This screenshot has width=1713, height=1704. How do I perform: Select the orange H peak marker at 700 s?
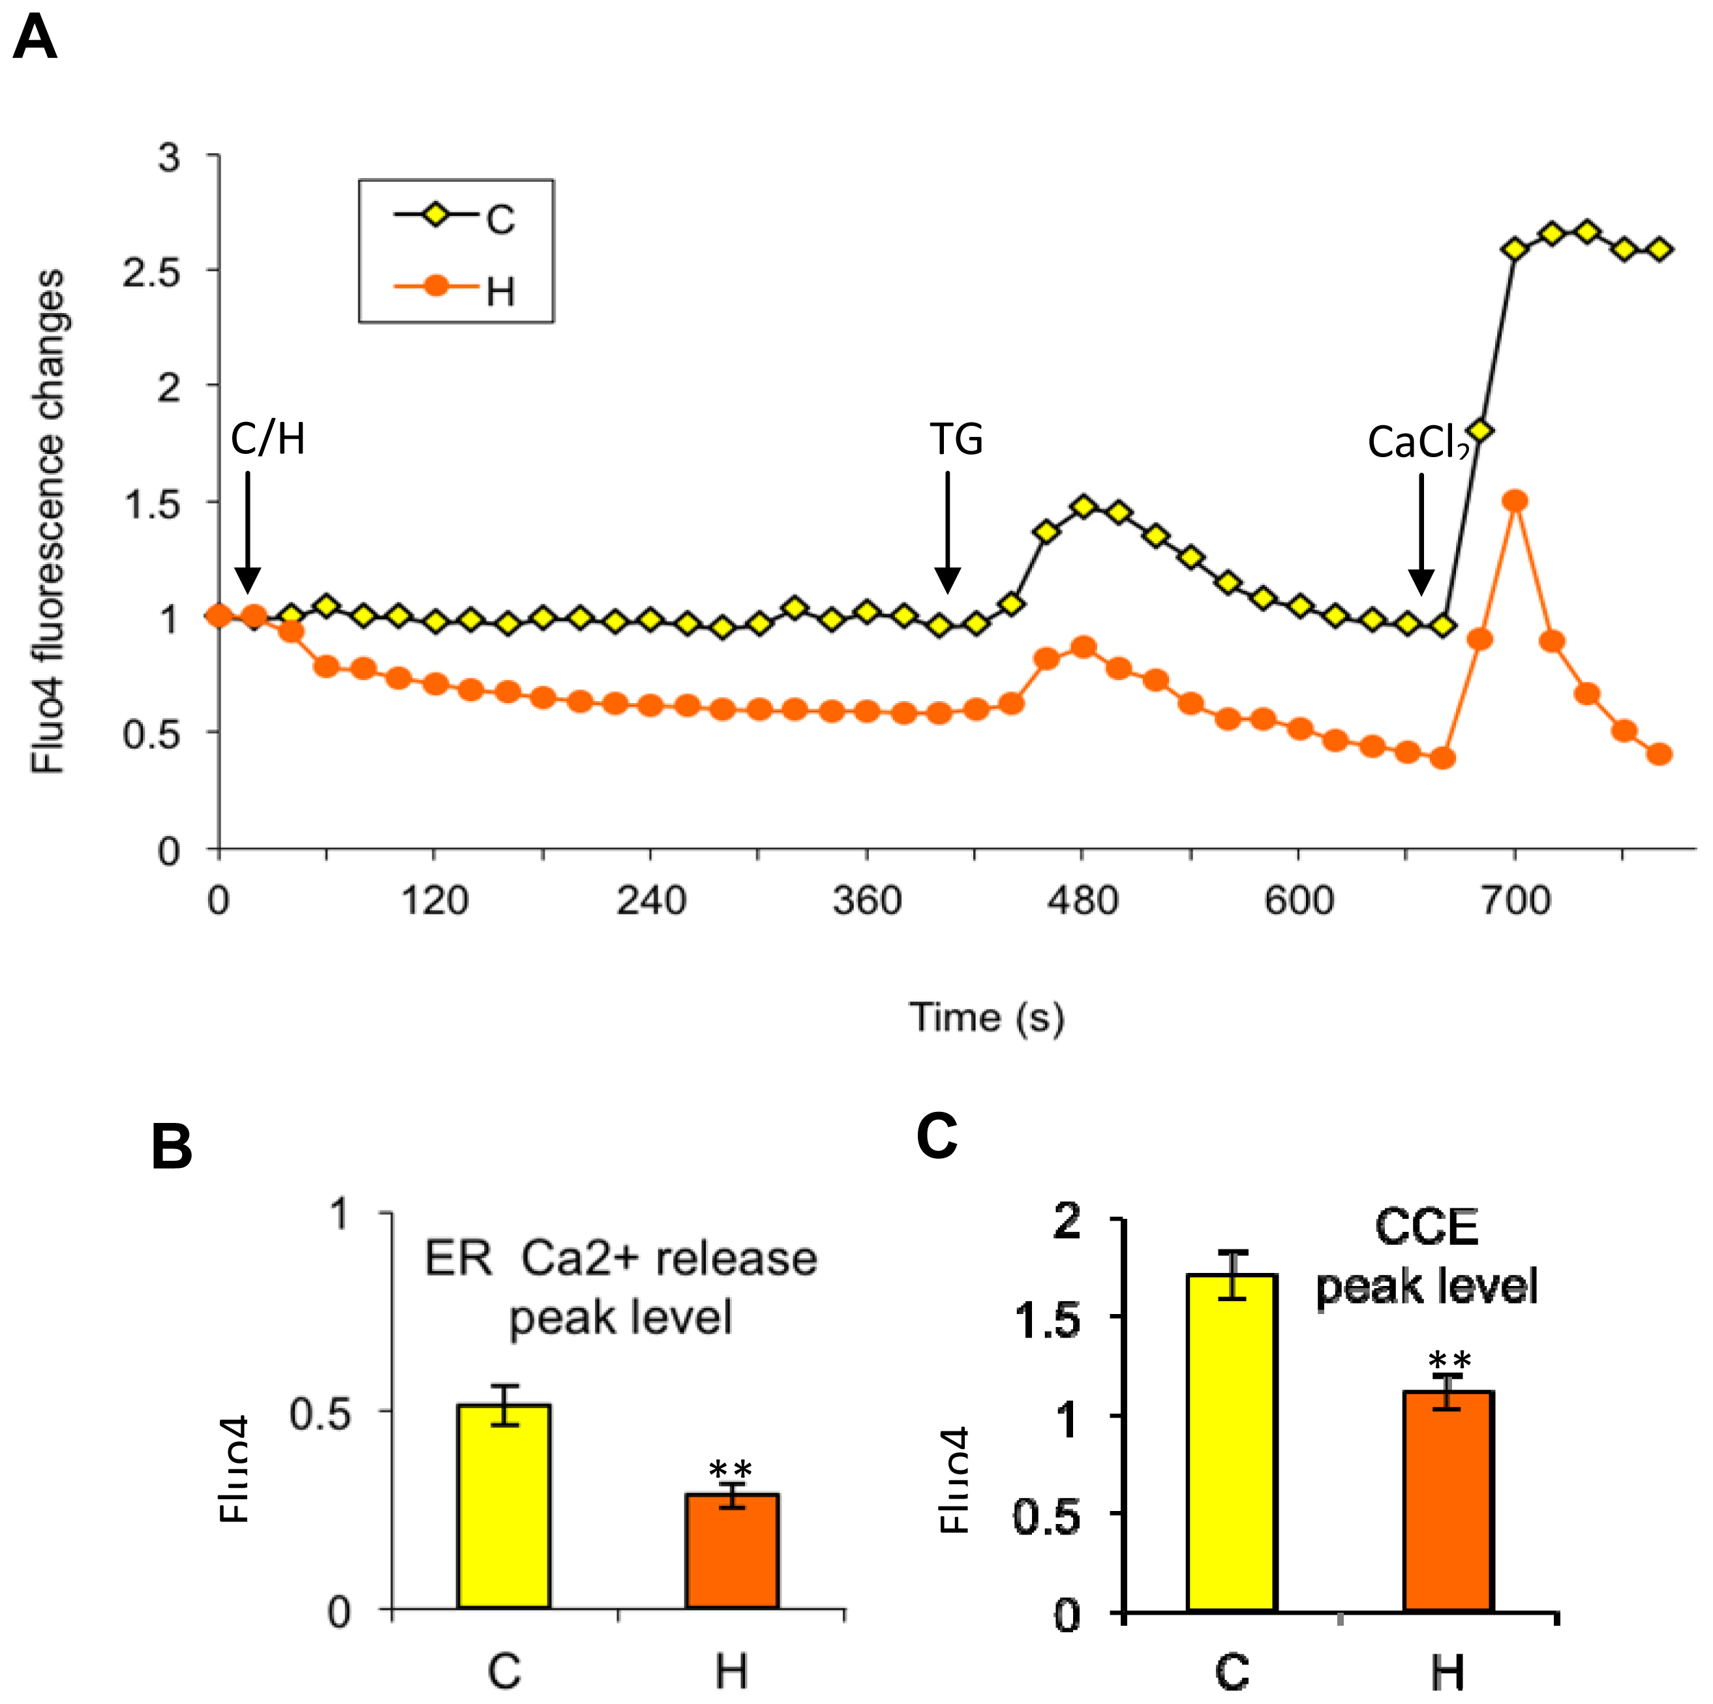1515,501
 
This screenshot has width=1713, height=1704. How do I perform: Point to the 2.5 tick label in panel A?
151,272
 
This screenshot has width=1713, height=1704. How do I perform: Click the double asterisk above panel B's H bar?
731,1467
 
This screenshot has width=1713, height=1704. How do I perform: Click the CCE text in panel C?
1426,1228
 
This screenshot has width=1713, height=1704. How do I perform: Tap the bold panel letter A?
35,40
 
